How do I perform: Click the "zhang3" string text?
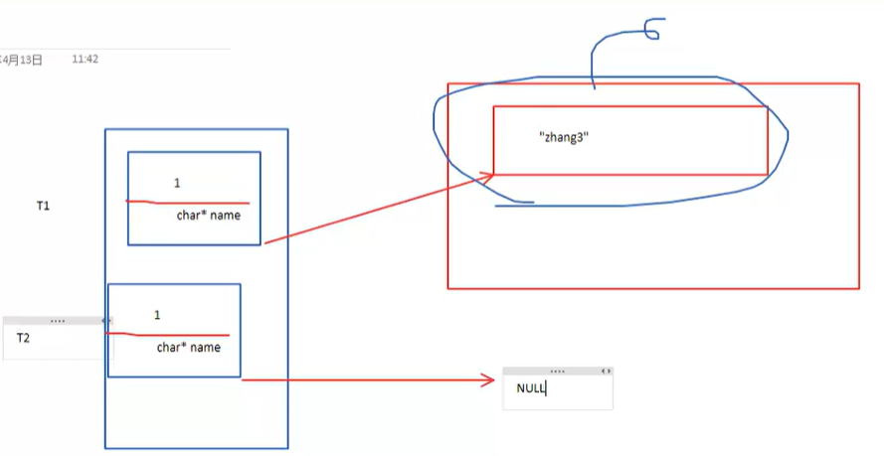click(x=565, y=139)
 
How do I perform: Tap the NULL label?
click(x=531, y=388)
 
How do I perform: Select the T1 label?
click(x=43, y=206)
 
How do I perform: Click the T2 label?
click(x=23, y=338)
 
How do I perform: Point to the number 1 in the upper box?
click(x=177, y=183)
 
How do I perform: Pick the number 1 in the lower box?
click(x=157, y=315)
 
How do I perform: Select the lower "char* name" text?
click(x=188, y=348)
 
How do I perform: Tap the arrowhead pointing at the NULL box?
click(x=487, y=380)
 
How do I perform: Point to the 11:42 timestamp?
click(x=85, y=60)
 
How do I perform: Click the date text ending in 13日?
click(x=22, y=60)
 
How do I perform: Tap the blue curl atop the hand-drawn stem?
click(x=648, y=30)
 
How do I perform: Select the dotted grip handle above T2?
click(x=57, y=321)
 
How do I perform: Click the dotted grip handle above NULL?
click(x=557, y=370)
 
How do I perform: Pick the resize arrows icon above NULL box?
click(x=606, y=370)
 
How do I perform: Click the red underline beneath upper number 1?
click(x=189, y=202)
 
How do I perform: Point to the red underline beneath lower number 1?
click(x=169, y=335)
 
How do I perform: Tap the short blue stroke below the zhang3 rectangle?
click(x=515, y=205)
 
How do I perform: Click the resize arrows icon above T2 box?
click(x=105, y=321)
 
